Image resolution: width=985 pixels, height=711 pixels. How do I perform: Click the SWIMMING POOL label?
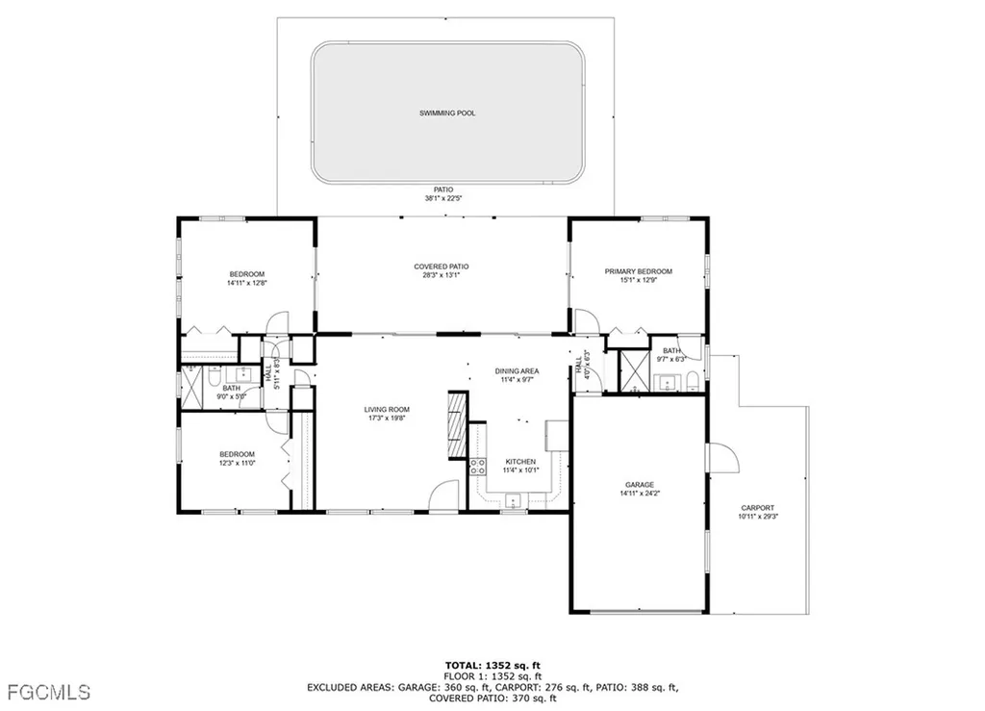(x=447, y=114)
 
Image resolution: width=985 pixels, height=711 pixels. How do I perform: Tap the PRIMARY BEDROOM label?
(x=638, y=272)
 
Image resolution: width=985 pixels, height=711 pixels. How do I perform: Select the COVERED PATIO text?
(x=442, y=267)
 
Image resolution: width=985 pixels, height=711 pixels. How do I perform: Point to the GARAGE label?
(x=640, y=485)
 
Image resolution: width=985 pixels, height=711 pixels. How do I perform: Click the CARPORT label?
(x=757, y=508)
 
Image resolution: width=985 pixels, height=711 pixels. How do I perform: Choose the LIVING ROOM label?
(x=387, y=410)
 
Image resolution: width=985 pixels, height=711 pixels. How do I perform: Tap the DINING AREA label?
(x=517, y=371)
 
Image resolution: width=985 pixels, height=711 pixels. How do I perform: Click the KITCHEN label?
(x=520, y=462)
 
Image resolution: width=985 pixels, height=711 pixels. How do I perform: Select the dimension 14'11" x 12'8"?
(x=246, y=284)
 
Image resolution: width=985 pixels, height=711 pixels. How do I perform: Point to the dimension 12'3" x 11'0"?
(x=237, y=465)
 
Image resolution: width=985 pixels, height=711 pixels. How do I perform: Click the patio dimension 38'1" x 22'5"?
(x=444, y=199)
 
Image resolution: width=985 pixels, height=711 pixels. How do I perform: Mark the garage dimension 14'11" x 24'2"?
(x=640, y=494)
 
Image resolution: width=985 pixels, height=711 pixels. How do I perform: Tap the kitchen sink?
(x=515, y=499)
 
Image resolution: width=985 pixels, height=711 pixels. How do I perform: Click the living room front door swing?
(x=443, y=495)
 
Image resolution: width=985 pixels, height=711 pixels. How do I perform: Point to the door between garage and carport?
(x=721, y=458)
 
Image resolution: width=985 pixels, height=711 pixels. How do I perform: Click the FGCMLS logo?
(x=48, y=692)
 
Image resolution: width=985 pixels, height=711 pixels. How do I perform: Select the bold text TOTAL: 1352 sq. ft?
(x=492, y=665)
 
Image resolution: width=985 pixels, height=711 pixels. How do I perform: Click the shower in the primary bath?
(x=634, y=369)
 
